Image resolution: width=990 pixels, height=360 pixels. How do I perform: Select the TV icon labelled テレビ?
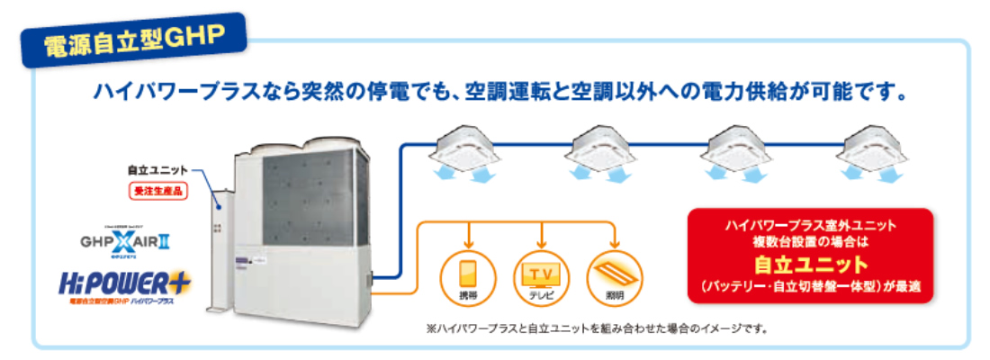coord(542,274)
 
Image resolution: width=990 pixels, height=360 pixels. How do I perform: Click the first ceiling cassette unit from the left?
coord(464,148)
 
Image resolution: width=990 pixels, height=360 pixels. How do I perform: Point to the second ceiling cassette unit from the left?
coord(601,148)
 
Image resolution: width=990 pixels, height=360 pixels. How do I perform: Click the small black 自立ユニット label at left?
coord(157,169)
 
